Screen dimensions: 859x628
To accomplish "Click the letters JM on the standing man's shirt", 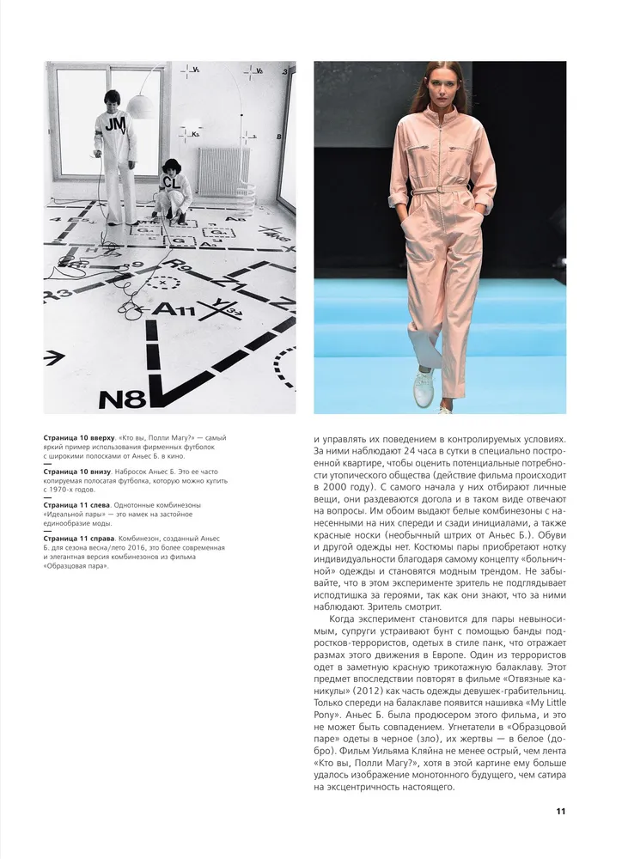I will (115, 126).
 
